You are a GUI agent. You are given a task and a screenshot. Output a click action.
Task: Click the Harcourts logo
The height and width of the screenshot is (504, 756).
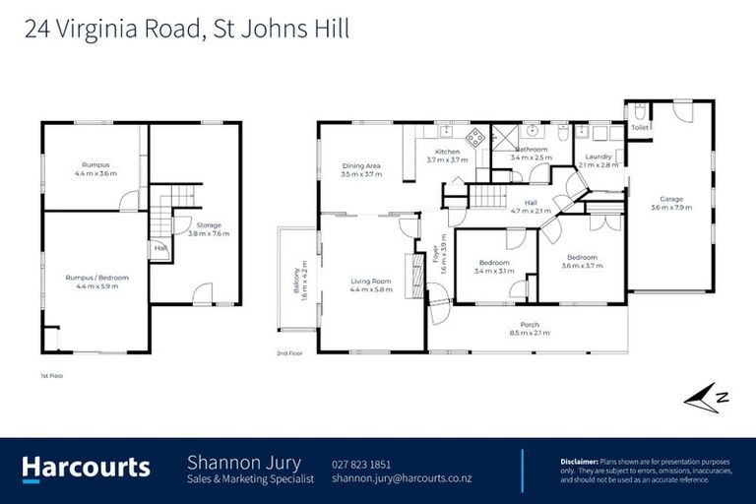pyautogui.click(x=87, y=468)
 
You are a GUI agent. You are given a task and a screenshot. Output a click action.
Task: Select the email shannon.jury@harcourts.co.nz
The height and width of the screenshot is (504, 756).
pyautogui.click(x=402, y=478)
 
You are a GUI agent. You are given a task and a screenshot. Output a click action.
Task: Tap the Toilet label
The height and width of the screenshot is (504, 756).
pyautogui.click(x=640, y=128)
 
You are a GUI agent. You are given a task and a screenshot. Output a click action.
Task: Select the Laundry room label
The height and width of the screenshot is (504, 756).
pyautogui.click(x=598, y=156)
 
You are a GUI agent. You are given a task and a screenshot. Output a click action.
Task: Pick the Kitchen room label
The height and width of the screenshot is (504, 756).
pyautogui.click(x=447, y=152)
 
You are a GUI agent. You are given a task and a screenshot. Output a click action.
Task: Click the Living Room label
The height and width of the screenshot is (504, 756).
pyautogui.click(x=371, y=282)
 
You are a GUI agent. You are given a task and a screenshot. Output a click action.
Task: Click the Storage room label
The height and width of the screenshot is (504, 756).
pyautogui.click(x=208, y=225)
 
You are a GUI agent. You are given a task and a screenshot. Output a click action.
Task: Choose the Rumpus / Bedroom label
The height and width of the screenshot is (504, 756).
pyautogui.click(x=96, y=278)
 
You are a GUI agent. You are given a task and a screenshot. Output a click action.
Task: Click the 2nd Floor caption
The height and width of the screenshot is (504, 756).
pyautogui.click(x=288, y=352)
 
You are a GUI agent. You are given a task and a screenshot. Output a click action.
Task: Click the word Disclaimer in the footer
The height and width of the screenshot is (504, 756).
pyautogui.click(x=578, y=460)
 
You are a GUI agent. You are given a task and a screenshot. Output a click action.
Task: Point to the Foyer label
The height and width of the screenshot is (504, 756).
pyautogui.click(x=434, y=252)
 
